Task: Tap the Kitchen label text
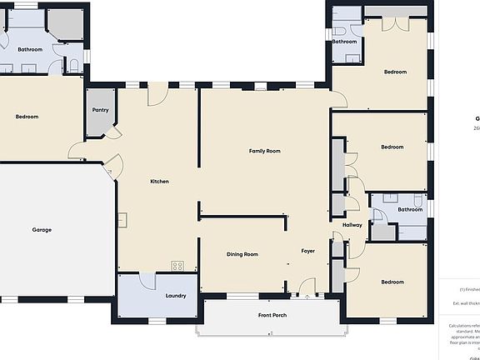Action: [x=160, y=181]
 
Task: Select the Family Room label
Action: [x=264, y=151]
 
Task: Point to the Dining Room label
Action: [x=242, y=254]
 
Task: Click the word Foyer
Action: [x=308, y=250]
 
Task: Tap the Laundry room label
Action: [x=176, y=295]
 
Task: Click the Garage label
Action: [x=42, y=229]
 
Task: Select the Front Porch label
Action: [x=272, y=315]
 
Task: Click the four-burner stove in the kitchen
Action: [x=177, y=266]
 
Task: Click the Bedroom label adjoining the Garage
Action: [x=27, y=117]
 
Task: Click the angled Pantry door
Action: [x=114, y=134]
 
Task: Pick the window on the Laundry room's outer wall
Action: [x=157, y=320]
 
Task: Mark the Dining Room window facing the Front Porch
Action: [x=242, y=296]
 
